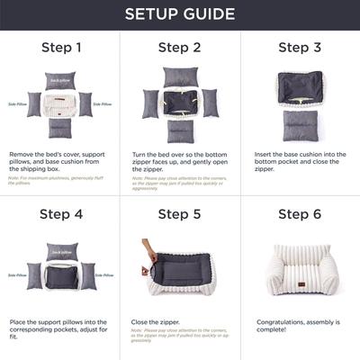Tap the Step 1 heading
60,48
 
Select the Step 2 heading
179,48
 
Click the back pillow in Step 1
60,80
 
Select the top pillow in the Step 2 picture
180,77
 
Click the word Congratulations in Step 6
279,320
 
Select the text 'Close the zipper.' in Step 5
154,320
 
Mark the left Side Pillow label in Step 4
15,274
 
